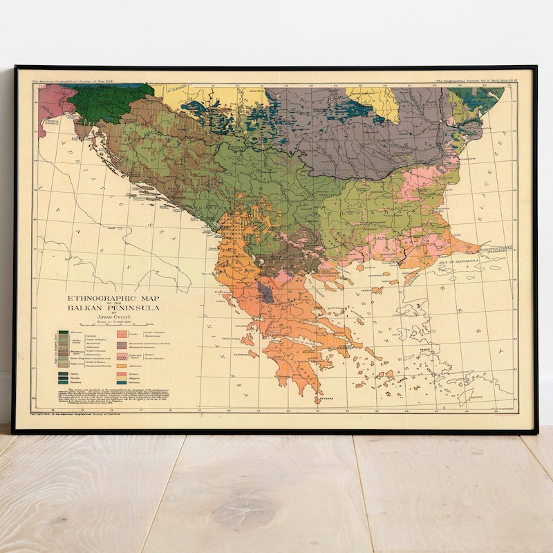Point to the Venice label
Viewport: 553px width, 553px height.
[48, 121]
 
